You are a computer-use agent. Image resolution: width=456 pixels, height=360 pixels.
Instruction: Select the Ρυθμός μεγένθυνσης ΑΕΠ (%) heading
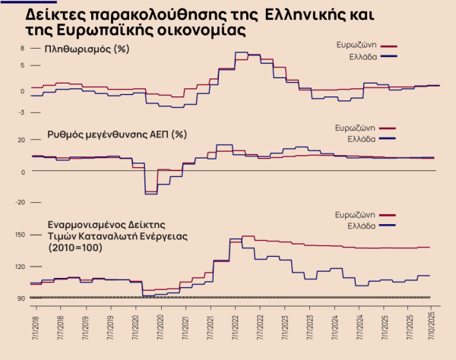point(117,134)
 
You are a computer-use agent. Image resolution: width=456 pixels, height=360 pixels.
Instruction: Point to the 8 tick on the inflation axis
point(23,48)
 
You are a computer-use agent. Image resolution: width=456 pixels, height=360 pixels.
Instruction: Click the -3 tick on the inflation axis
point(23,112)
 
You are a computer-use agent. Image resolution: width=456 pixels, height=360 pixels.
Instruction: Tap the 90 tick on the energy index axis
point(22,297)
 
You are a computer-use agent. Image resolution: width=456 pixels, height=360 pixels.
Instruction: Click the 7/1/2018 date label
point(34,324)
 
